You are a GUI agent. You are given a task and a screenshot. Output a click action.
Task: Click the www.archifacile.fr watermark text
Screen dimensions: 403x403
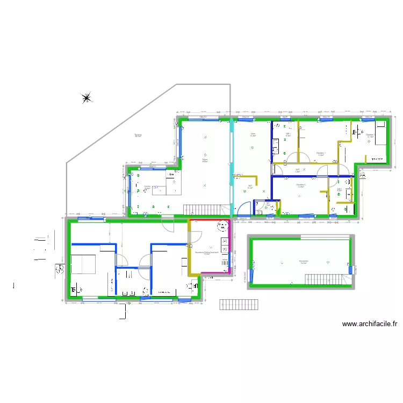pyautogui.click(x=369, y=324)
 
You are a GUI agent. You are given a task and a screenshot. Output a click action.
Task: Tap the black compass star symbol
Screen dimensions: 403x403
pyautogui.click(x=87, y=98)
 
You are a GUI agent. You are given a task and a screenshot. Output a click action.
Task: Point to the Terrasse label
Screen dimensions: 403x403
pyautogui.click(x=138, y=135)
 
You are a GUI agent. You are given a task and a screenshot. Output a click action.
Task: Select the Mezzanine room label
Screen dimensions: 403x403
pyautogui.click(x=304, y=262)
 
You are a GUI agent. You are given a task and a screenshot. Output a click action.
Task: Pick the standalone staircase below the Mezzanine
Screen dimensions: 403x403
pyautogui.click(x=239, y=304)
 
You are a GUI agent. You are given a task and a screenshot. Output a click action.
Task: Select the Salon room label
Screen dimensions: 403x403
pyautogui.click(x=253, y=135)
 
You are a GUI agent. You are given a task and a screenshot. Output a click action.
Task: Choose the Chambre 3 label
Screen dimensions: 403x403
pyautogui.click(x=300, y=186)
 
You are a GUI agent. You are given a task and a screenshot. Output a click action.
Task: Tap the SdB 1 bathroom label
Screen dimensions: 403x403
pyautogui.click(x=288, y=135)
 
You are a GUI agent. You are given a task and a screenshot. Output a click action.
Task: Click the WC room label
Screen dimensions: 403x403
pyautogui.click(x=268, y=203)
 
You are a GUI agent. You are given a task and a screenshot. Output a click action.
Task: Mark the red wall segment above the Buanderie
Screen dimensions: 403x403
pyautogui.click(x=210, y=220)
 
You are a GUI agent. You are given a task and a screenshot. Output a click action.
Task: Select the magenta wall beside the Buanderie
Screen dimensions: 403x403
pyautogui.click(x=231, y=247)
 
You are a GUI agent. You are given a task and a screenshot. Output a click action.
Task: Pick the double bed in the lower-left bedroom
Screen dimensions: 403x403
pyautogui.click(x=83, y=265)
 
